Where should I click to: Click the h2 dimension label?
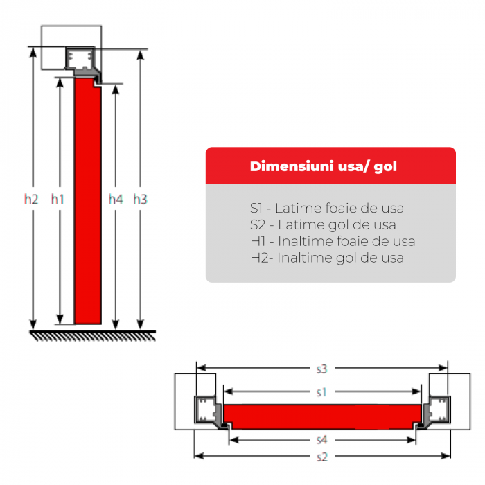point(31,200)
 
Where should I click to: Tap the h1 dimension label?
point(58,200)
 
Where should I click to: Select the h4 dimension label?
point(116,200)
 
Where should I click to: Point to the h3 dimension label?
point(140,200)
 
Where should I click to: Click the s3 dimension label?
point(321,369)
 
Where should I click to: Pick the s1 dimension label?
point(321,393)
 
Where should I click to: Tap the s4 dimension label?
point(321,440)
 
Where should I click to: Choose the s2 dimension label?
point(321,457)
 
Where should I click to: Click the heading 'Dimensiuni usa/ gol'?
point(324,166)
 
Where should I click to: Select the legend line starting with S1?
point(327,208)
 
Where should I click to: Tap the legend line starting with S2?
point(323,225)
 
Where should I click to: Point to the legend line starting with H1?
point(333,241)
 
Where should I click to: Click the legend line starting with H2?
point(327,258)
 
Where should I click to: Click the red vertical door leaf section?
point(88,201)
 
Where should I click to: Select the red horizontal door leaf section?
point(322,416)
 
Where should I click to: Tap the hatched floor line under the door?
point(92,335)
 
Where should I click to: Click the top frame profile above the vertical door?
point(82,64)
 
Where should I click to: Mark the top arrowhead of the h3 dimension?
point(141,55)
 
